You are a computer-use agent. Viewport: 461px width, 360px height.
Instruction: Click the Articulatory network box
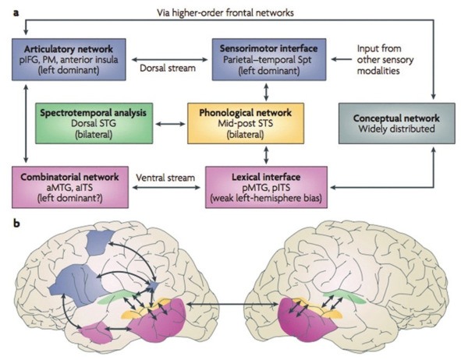coord(69,59)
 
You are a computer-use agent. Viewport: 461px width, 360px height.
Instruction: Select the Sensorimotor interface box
coord(269,59)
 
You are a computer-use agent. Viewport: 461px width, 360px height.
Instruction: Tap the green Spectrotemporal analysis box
coord(94,123)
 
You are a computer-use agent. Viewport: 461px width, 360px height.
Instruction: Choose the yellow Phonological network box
coord(246,123)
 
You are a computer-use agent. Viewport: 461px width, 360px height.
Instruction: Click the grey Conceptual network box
coord(397,123)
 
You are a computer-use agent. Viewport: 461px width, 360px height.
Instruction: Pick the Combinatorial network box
coord(70,187)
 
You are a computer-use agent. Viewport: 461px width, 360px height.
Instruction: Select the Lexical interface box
coord(266,187)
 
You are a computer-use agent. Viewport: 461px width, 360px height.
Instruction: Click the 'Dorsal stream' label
coord(168,68)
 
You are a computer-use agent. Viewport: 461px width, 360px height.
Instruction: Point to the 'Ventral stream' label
coord(165,178)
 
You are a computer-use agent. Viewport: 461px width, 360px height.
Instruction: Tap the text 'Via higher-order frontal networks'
coord(225,12)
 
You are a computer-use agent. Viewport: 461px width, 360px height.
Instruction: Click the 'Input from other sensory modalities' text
coord(385,59)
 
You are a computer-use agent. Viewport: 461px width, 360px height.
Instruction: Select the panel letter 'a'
coord(16,13)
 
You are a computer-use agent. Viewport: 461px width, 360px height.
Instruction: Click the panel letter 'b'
coord(16,223)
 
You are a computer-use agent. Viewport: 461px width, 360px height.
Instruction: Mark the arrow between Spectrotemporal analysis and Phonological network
coord(170,124)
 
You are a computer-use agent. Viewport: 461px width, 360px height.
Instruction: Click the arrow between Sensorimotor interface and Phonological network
coord(266,92)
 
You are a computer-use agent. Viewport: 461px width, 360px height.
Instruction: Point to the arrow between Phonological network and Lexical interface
coord(266,155)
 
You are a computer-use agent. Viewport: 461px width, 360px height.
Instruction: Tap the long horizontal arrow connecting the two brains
coord(232,305)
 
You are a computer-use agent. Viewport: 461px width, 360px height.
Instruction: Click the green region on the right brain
coord(344,295)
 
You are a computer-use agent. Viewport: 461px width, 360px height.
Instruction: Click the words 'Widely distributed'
coord(396,129)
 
